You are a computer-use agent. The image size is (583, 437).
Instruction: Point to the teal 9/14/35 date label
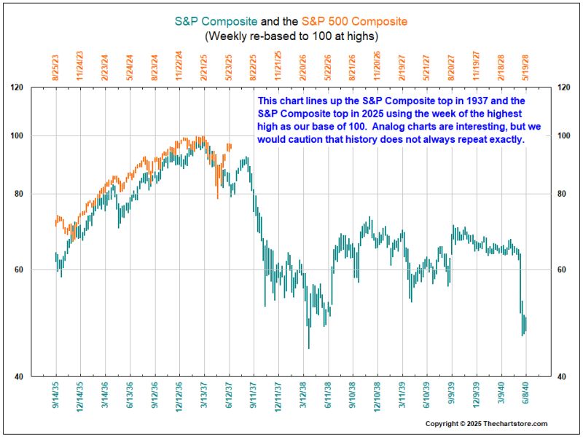coord(56,398)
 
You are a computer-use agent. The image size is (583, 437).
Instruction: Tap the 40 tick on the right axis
coord(563,377)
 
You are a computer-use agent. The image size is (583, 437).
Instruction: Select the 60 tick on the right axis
coord(563,270)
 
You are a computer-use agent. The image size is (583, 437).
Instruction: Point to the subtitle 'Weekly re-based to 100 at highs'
coord(291,35)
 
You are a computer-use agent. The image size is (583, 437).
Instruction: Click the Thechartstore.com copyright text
coord(486,424)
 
